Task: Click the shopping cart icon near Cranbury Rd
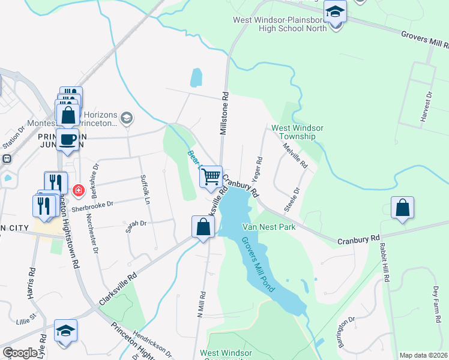(211, 177)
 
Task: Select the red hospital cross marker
(78, 191)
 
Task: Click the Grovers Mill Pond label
(258, 264)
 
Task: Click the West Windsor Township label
(297, 132)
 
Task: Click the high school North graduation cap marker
(334, 11)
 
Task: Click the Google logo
(19, 353)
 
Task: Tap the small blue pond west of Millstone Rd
(196, 77)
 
